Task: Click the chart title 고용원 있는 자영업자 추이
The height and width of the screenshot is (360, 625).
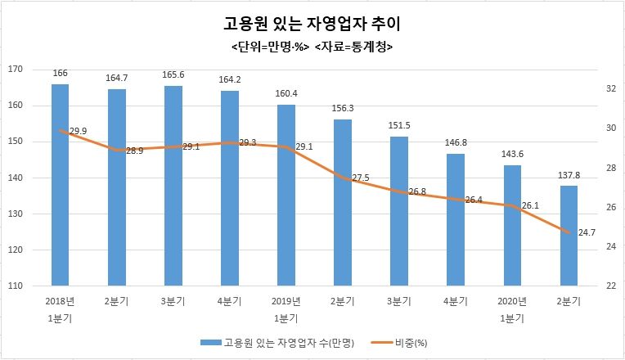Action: coord(312,23)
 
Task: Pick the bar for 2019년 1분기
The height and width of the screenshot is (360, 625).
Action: coord(286,196)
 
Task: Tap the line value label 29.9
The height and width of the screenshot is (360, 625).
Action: coord(79,131)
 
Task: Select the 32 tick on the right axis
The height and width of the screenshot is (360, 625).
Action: coord(609,88)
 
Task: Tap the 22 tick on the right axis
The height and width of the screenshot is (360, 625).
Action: coord(609,286)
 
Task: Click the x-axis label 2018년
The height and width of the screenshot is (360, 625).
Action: coord(60,301)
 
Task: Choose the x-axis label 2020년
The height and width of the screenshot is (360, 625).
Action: coord(512,301)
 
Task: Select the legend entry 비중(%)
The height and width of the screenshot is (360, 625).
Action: coord(411,342)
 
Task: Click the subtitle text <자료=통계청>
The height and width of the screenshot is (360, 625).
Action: coord(353,47)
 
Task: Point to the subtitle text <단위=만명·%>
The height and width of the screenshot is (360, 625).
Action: coord(271,47)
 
